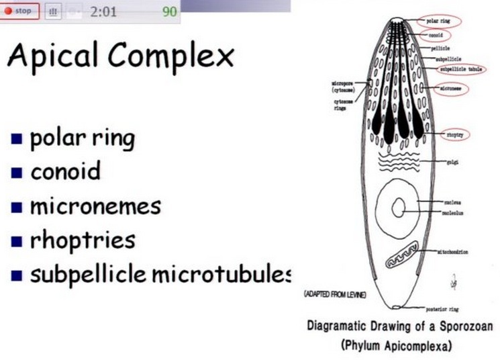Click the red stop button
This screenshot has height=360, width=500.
19,11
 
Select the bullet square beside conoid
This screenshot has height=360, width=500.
17,173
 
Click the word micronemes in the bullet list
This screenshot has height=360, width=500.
95,205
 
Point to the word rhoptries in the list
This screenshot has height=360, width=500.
83,240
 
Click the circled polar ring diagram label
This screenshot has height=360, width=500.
438,21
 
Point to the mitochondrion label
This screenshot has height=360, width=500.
453,252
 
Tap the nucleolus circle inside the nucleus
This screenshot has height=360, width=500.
399,208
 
